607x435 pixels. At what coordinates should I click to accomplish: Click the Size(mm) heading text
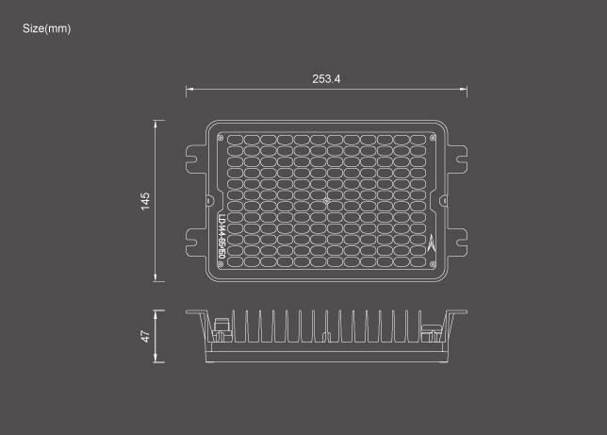point(46,28)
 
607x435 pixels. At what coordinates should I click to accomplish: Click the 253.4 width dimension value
point(326,78)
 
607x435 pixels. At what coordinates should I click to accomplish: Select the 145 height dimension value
point(145,200)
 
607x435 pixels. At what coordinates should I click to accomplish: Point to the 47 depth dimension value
point(145,335)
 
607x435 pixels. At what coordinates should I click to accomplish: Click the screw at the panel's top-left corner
point(221,137)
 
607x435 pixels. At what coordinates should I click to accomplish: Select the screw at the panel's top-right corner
point(433,137)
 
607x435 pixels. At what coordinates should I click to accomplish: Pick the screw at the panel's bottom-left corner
point(221,264)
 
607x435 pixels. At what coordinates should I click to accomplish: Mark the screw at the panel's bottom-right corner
point(433,264)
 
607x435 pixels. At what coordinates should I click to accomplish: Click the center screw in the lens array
point(326,201)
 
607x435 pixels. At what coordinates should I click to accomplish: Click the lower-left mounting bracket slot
point(193,248)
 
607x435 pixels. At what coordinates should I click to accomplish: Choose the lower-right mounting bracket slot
point(460,248)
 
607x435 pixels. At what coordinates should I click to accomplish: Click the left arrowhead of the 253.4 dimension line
point(189,91)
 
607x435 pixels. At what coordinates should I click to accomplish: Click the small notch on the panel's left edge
point(208,200)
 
